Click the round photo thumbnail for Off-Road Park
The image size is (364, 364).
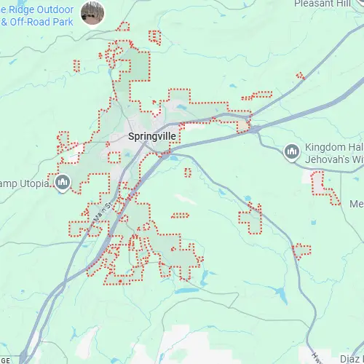pos(92,12)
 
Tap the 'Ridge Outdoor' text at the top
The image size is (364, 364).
pos(36,9)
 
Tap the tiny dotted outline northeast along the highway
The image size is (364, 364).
pos(300,75)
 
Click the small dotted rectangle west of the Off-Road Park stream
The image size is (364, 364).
pos(76,65)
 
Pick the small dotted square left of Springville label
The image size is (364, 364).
pos(114,156)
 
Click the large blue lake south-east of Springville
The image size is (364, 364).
pos(186,290)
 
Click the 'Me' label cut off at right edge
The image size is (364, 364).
pos(356,203)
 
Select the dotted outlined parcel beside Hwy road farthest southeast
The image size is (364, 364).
pos(301,251)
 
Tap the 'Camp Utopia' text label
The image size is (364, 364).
pos(25,181)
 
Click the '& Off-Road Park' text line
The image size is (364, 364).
pos(36,22)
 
